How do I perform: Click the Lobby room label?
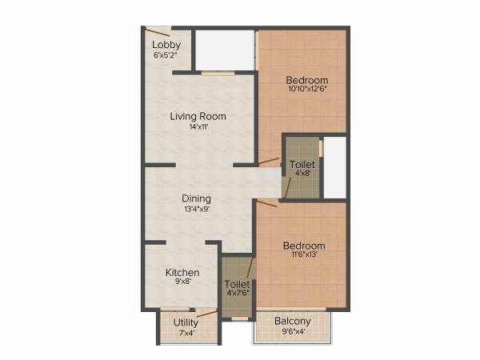click(x=166, y=45)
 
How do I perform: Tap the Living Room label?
click(x=198, y=116)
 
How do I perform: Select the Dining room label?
click(x=196, y=198)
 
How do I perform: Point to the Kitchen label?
click(x=182, y=273)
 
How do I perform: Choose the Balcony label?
click(x=292, y=322)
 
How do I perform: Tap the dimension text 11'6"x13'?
click(x=305, y=255)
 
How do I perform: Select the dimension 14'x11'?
click(x=198, y=126)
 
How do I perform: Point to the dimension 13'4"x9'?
click(x=196, y=209)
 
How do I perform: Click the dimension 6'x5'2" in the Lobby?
click(x=166, y=55)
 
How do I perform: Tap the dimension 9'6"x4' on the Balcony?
click(x=292, y=331)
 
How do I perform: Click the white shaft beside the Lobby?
click(x=225, y=50)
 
